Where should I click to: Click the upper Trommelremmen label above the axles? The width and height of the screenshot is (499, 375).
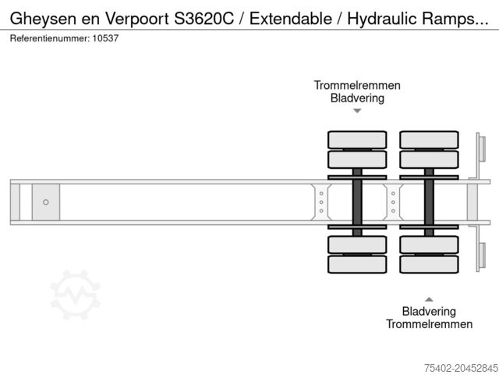(357, 85)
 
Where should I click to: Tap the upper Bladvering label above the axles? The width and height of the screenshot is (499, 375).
(357, 98)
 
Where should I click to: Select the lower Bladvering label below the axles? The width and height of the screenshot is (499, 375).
(429, 311)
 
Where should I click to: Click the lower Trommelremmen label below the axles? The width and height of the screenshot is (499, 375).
(429, 323)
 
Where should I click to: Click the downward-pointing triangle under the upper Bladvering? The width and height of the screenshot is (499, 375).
(357, 111)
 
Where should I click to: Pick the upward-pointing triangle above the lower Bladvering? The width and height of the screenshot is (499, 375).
(429, 298)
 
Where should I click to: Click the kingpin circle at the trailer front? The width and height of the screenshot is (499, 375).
(46, 202)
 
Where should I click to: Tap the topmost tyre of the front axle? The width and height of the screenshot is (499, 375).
(357, 140)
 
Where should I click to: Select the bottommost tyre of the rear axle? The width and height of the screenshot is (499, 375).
(429, 264)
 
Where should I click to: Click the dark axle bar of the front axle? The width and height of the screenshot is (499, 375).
(357, 202)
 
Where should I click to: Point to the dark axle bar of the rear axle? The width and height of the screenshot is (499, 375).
(429, 202)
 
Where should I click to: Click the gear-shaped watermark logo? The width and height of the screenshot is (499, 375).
(76, 295)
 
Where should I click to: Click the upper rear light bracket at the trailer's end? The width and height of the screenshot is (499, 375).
(481, 148)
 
